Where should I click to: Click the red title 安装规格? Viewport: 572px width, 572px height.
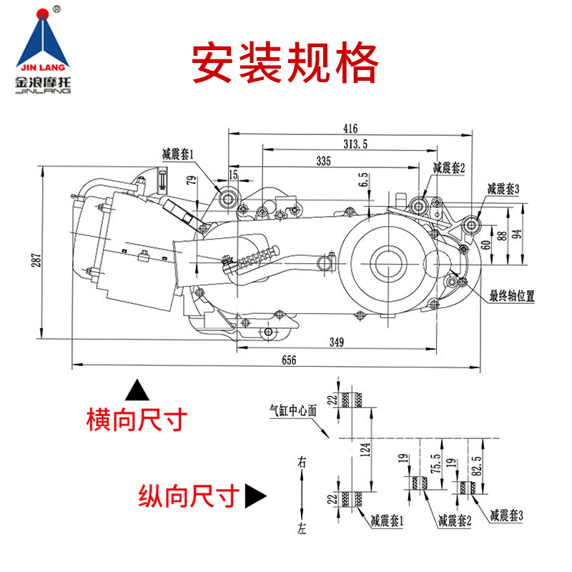click(x=285, y=65)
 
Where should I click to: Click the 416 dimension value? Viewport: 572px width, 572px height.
click(x=350, y=129)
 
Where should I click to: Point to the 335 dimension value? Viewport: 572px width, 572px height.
click(x=323, y=162)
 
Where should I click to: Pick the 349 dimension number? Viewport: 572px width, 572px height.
click(x=337, y=342)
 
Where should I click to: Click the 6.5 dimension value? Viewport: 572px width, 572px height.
click(x=364, y=179)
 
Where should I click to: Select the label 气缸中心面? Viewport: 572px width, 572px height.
click(x=292, y=410)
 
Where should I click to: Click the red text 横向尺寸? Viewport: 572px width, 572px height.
click(x=136, y=419)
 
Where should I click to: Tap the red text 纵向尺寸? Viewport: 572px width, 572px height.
click(x=188, y=495)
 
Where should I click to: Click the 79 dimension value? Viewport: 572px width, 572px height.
click(x=190, y=180)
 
